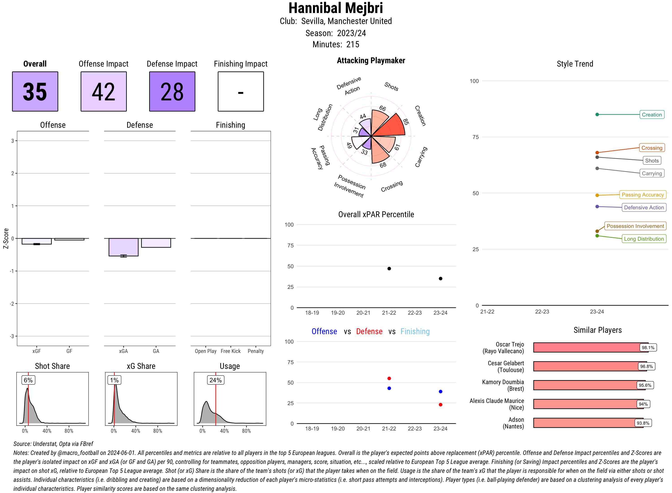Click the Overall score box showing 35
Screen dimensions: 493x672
(35, 91)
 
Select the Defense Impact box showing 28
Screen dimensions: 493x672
(172, 91)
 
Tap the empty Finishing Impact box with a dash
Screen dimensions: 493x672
(241, 91)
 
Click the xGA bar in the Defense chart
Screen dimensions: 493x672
(123, 247)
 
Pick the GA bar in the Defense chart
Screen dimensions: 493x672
(156, 243)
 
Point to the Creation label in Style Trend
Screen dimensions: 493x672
(652, 115)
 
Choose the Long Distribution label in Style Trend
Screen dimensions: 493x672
(644, 239)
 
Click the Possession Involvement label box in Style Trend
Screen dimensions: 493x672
(635, 226)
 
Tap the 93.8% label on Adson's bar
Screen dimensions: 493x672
(643, 423)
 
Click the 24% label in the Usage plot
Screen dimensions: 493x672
(215, 380)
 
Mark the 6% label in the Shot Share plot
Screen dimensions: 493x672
(28, 380)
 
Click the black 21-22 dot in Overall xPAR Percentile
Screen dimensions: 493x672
(389, 269)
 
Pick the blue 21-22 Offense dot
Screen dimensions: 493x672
(389, 388)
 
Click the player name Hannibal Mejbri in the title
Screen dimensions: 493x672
(336, 8)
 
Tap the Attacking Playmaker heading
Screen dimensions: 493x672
(371, 61)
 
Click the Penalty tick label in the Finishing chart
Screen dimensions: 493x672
(256, 351)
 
